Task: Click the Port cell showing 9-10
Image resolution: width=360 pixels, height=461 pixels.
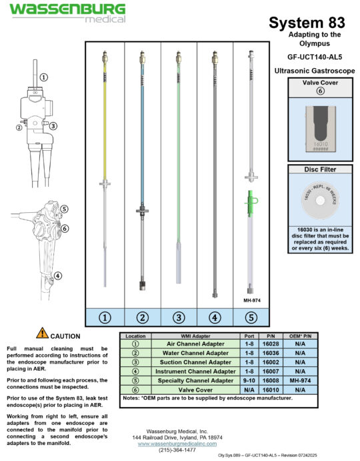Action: pyautogui.click(x=247, y=380)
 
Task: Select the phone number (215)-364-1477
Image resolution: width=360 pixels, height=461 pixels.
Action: pyautogui.click(x=178, y=450)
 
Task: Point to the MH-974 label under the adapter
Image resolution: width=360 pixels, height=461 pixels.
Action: pyautogui.click(x=251, y=300)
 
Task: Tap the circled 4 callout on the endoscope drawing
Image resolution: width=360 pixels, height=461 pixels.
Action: pyautogui.click(x=58, y=276)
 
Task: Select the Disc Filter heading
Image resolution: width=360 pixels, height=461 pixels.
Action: pyautogui.click(x=316, y=169)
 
